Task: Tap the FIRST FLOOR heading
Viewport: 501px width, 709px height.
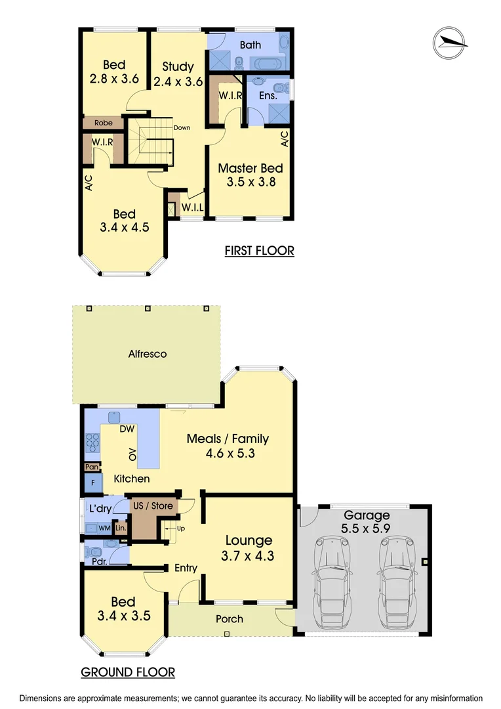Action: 259,250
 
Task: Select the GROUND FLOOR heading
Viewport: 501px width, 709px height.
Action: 128,672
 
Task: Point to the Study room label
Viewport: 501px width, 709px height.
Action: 178,66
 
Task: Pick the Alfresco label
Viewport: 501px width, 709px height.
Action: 148,354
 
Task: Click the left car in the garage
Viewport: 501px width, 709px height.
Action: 332,578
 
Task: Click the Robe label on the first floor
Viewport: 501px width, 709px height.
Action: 103,123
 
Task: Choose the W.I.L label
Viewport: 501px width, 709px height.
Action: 192,208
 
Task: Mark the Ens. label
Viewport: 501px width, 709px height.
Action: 268,96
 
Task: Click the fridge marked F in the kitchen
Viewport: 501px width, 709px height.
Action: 92,483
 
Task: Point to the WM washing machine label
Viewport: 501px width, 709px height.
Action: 104,528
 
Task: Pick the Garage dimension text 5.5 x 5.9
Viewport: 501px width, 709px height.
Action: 367,529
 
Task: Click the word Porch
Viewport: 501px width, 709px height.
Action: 230,618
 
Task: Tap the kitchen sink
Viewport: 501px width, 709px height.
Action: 115,416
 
